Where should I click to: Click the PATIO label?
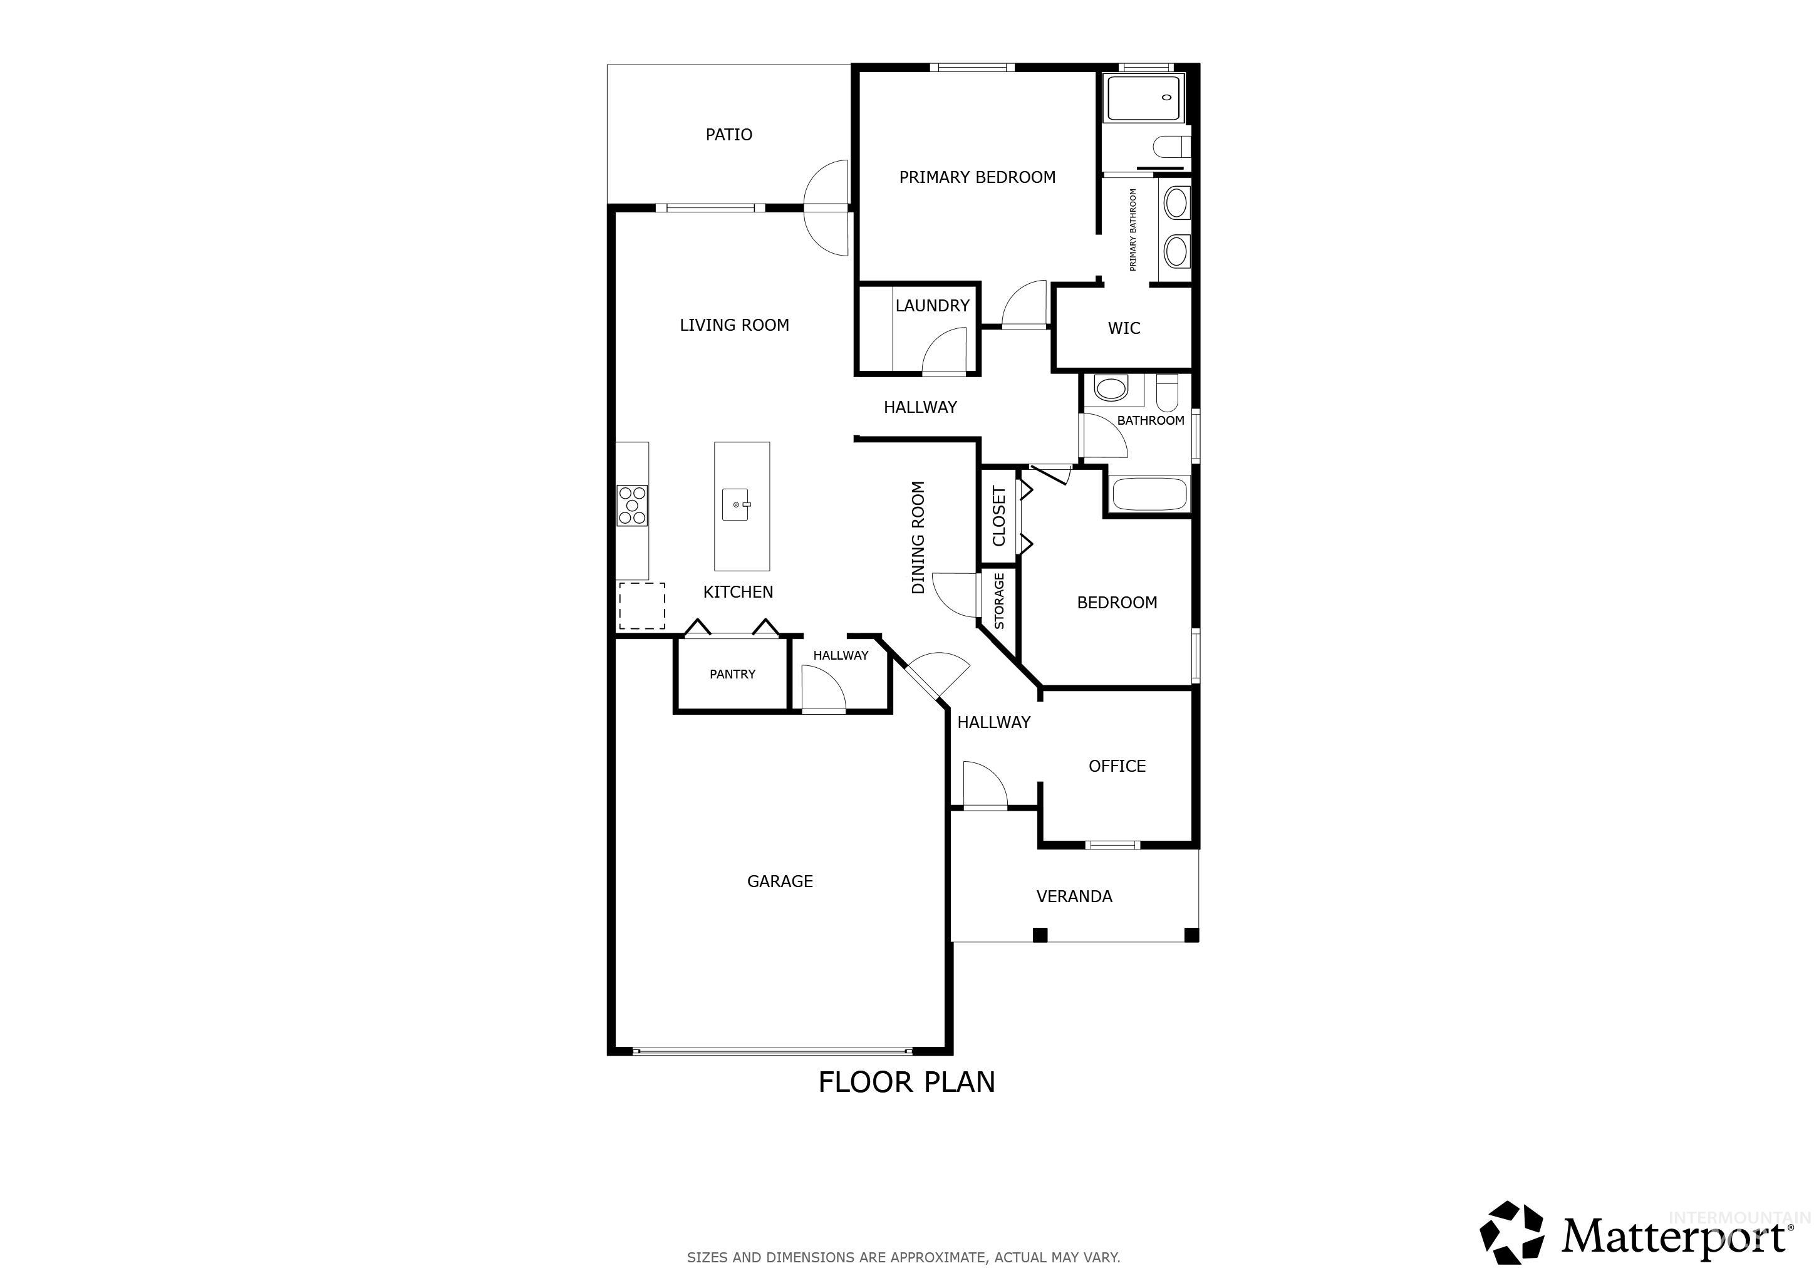point(728,134)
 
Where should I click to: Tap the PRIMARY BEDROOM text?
point(977,177)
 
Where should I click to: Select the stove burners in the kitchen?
point(632,506)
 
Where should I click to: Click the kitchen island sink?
point(737,505)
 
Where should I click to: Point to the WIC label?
point(1124,328)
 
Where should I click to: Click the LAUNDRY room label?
point(932,306)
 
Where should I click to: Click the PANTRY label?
point(732,674)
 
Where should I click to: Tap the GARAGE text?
point(780,881)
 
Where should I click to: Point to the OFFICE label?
point(1116,766)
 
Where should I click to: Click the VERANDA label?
point(1074,896)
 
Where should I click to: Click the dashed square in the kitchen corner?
point(641,606)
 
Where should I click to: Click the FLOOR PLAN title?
point(906,1081)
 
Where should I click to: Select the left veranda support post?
point(1040,935)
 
